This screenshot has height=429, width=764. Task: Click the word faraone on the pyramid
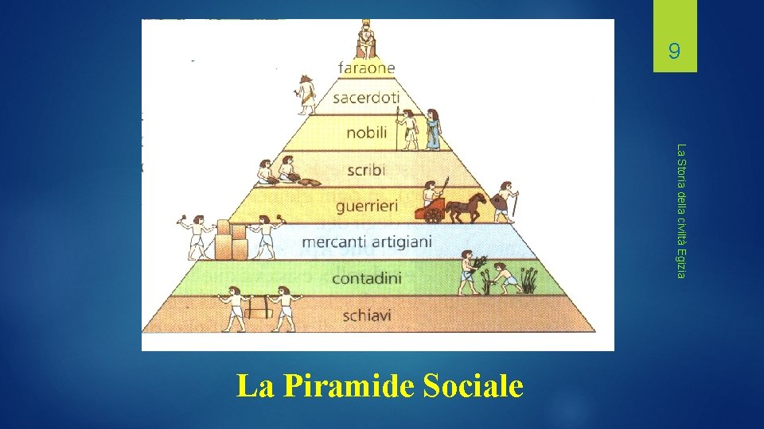[x=366, y=68]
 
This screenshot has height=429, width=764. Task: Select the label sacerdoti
[x=366, y=99]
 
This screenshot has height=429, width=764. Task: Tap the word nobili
[x=367, y=133]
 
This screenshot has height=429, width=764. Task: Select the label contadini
[x=367, y=278]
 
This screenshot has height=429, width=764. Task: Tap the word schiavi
[x=367, y=315]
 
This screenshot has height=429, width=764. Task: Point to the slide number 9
[x=674, y=52]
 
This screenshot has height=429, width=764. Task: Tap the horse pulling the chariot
[x=467, y=207]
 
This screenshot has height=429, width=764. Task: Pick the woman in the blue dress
[x=434, y=129]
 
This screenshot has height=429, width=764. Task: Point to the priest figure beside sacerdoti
[x=305, y=94]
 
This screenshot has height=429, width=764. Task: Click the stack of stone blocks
[x=231, y=241]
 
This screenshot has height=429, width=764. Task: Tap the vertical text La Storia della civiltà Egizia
[x=680, y=211]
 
